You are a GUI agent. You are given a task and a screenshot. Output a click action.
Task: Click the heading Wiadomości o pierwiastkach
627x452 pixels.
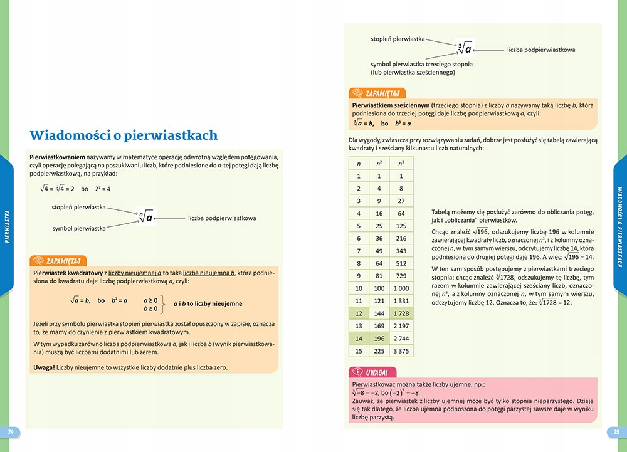(x=124, y=135)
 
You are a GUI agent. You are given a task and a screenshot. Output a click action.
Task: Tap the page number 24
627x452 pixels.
(x=10, y=432)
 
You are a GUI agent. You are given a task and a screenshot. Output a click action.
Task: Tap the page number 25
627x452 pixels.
(x=616, y=432)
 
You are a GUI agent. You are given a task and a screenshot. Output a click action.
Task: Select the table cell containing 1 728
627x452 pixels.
(x=401, y=313)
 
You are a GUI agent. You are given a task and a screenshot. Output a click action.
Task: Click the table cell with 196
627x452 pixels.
(x=380, y=338)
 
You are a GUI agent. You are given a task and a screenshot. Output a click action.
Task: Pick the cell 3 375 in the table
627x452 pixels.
(x=401, y=350)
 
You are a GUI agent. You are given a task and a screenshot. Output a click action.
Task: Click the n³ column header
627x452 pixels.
(x=401, y=164)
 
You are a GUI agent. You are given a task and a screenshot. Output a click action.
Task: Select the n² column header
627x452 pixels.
(x=380, y=164)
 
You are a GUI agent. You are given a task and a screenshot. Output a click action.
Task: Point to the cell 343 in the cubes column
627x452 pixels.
(x=401, y=251)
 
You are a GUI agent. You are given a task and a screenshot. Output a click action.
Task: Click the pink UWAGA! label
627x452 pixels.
(x=377, y=372)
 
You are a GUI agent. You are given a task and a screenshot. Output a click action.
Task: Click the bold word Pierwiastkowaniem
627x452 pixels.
(x=57, y=155)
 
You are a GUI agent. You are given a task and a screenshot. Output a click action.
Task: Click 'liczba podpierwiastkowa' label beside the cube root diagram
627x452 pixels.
(x=541, y=49)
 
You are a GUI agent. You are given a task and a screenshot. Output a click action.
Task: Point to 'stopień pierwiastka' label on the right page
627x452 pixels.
(x=398, y=39)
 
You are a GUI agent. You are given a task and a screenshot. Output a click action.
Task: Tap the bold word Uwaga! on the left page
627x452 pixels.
(x=44, y=367)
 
